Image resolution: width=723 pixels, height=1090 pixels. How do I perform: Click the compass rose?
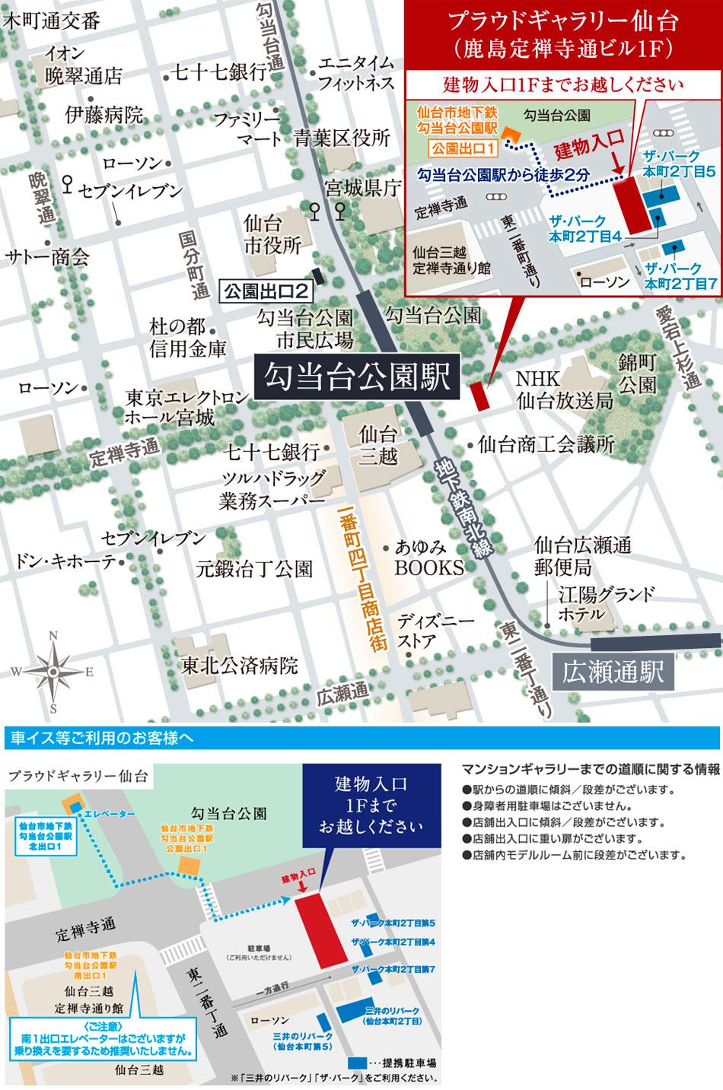53,672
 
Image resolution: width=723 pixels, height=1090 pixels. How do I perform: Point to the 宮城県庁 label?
362,188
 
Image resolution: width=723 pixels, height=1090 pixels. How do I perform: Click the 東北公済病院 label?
239,666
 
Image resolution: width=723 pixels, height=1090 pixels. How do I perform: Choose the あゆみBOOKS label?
428,557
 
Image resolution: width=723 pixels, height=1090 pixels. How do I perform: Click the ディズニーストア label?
426,631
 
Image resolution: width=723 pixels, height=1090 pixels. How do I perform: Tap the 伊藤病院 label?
104,116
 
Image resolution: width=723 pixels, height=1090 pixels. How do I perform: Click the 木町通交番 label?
51,21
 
